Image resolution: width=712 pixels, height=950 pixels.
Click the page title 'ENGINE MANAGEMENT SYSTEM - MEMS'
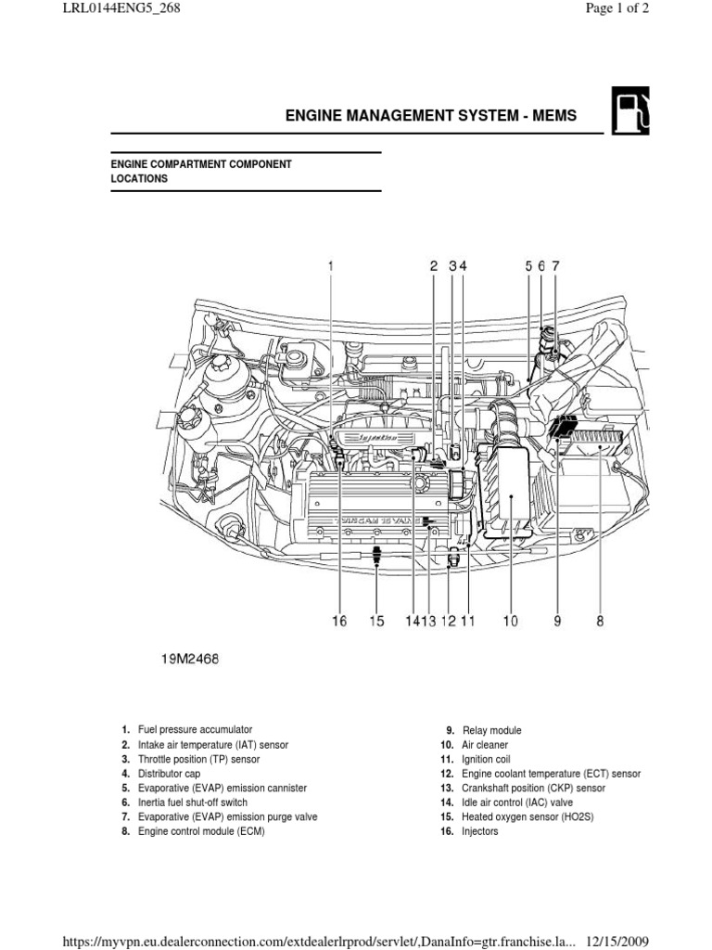(x=430, y=116)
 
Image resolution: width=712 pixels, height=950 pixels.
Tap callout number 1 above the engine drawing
(x=330, y=265)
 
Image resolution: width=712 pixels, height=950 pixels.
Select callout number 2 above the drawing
(x=433, y=265)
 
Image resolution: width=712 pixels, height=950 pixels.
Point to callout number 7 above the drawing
(x=556, y=265)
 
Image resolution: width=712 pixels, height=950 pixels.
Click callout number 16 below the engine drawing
(x=339, y=623)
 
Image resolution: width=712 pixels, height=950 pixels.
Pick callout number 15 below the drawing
(x=375, y=623)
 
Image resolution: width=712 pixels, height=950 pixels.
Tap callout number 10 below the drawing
(x=511, y=623)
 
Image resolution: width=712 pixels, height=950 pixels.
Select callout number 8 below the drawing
(x=600, y=623)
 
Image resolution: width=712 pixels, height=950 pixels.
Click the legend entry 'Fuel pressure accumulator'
(x=195, y=730)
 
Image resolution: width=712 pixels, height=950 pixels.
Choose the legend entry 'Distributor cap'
(x=169, y=774)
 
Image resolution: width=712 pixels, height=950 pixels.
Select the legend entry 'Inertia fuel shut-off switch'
(x=193, y=802)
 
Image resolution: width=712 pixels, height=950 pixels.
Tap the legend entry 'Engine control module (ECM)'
(x=201, y=831)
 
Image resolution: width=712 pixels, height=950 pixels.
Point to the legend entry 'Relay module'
(x=491, y=730)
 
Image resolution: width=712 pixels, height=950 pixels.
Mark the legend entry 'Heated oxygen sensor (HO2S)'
(x=524, y=817)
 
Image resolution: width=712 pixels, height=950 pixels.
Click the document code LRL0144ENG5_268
(x=122, y=9)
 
